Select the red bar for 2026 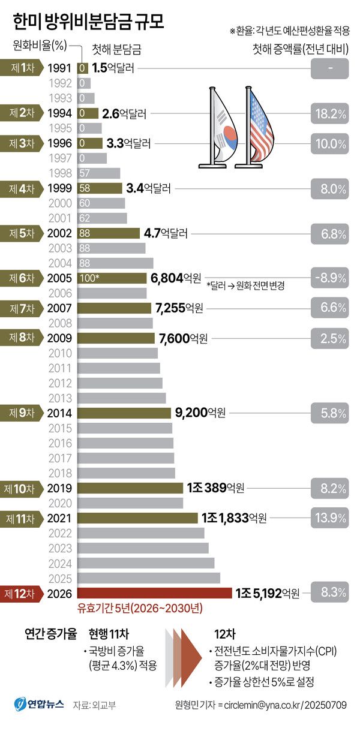[155, 593]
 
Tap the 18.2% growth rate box [329, 113]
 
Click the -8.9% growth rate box [329, 278]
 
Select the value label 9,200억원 [200, 413]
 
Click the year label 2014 [60, 413]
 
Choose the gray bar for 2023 [144, 548]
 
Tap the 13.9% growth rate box [329, 518]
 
